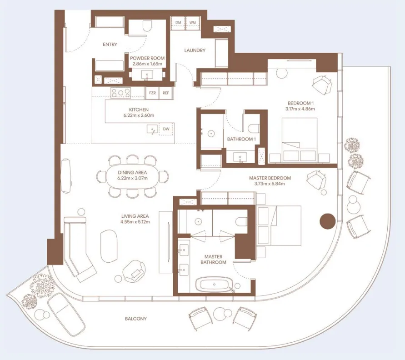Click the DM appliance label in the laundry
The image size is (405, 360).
(x=178, y=22)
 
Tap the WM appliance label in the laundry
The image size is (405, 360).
(x=192, y=22)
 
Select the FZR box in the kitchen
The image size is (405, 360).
(x=152, y=93)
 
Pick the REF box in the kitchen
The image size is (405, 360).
(x=166, y=93)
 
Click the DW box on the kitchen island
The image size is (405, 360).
(x=166, y=129)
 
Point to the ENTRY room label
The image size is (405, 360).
(x=110, y=45)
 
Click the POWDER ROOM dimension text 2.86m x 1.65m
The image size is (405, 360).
(x=147, y=64)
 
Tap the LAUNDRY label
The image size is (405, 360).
(x=195, y=50)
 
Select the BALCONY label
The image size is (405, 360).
(x=136, y=319)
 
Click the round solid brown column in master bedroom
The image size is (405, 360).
(x=327, y=221)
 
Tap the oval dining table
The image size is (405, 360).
(x=132, y=175)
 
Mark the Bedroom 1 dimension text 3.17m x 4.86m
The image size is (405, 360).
(x=300, y=109)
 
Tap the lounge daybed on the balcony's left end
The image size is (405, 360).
(x=66, y=314)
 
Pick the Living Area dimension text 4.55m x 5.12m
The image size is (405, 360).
(x=135, y=222)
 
